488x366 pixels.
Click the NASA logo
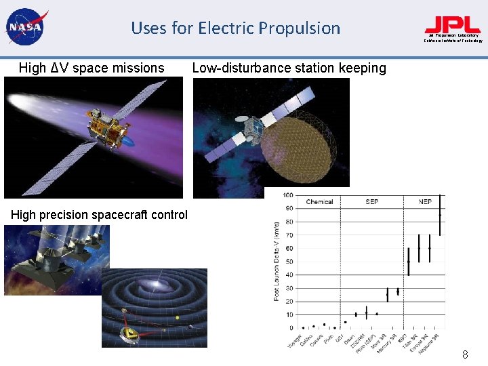click(25, 27)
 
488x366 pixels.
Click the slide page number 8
click(465, 354)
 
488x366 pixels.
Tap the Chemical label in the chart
click(319, 202)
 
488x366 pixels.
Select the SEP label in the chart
click(371, 202)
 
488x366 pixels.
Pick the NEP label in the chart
click(425, 202)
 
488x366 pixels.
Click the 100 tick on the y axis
click(288, 195)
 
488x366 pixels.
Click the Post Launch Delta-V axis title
click(277, 262)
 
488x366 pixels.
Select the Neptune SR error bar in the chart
click(440, 215)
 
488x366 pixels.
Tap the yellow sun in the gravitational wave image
click(177, 317)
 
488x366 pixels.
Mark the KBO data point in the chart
click(409, 262)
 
